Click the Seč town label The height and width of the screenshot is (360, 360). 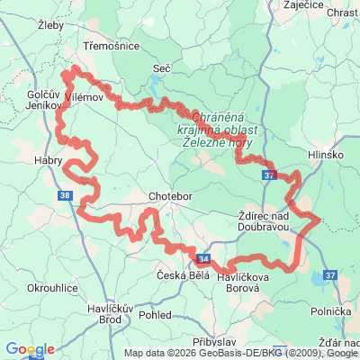[162, 67]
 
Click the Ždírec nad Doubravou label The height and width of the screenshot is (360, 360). [264, 221]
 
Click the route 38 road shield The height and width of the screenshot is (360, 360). [62, 194]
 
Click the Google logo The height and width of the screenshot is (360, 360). [30, 349]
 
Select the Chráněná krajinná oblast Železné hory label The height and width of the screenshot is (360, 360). [220, 130]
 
